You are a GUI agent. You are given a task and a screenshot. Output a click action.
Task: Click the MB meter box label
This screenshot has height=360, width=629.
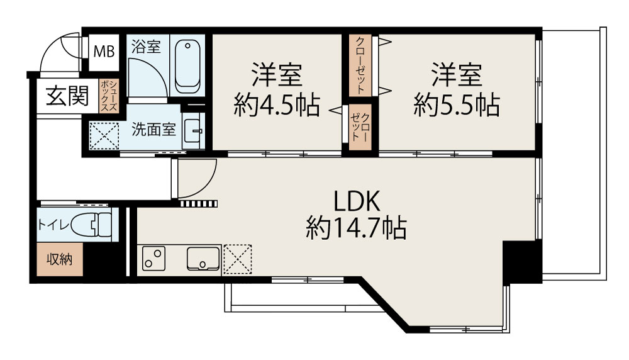pos(104,52)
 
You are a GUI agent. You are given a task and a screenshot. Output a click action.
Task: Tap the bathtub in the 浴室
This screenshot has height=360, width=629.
pos(187,66)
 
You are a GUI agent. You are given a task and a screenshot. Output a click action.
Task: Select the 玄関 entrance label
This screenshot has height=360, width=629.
pos(67,96)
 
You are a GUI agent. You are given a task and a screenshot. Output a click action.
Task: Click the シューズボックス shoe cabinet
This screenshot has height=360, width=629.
pos(109,96)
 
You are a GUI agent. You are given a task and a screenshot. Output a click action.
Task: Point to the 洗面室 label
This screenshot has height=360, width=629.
pos(153,129)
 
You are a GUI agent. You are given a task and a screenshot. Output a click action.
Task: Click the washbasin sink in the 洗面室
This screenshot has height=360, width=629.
pos(193,131)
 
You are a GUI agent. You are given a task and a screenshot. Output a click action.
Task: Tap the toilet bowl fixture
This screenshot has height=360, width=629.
pos(91,225)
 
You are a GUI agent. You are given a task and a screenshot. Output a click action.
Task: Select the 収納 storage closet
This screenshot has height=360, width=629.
pos(59,259)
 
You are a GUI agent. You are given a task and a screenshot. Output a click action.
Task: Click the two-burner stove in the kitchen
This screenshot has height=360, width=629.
pos(154,258)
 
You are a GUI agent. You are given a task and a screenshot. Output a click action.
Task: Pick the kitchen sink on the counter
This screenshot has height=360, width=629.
pos(203,259)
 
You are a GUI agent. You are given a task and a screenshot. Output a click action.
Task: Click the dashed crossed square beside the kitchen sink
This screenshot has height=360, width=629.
pos(238,259)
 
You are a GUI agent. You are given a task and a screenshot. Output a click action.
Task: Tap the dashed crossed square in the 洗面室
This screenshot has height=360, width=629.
pos(104,136)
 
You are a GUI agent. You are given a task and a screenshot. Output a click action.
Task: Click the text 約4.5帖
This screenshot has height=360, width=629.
pos(277,105)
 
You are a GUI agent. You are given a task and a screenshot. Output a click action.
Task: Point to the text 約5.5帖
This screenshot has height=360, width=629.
pos(457,105)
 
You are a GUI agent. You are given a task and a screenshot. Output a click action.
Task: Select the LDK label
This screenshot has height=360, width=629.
pos(357,201)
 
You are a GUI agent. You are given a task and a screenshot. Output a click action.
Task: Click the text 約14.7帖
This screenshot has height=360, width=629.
pos(356,228)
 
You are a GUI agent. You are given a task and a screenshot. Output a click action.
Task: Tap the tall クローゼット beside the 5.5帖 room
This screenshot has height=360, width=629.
pos(360,65)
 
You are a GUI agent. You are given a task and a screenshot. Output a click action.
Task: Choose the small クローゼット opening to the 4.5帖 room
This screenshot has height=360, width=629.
pos(360,127)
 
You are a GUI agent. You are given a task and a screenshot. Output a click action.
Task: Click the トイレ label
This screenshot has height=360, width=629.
pos(53,225)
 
